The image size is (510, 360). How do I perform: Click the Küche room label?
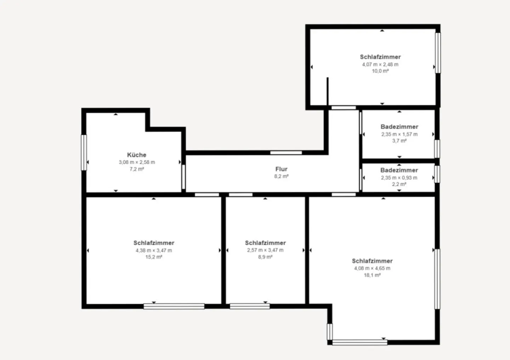(x=137, y=155)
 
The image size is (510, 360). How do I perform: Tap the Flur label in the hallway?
(x=281, y=169)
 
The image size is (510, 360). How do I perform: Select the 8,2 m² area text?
(x=281, y=176)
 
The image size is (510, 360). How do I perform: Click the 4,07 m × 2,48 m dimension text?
(x=380, y=64)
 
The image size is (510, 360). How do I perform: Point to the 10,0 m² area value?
(x=380, y=71)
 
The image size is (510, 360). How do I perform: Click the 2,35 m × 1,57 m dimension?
(x=399, y=134)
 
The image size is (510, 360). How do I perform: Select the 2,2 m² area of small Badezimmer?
(x=399, y=184)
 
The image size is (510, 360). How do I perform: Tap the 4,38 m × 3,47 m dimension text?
(x=154, y=250)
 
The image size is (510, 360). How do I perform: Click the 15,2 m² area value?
(x=154, y=257)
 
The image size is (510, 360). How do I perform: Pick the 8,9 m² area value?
(x=265, y=257)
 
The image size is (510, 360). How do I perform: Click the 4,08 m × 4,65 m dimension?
(x=372, y=268)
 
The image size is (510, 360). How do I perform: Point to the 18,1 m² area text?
(x=372, y=275)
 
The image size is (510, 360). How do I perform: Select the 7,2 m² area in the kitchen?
(x=137, y=169)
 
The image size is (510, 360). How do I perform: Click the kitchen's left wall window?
(x=84, y=152)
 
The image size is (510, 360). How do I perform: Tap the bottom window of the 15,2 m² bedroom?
(x=174, y=306)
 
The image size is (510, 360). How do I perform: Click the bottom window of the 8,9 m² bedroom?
(x=250, y=306)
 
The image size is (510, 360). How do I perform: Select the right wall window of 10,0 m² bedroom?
(x=438, y=53)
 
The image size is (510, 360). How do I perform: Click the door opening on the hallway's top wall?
(x=286, y=153)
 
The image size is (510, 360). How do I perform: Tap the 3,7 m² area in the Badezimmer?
(x=399, y=141)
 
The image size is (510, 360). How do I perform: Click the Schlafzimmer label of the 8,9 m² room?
(x=265, y=243)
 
